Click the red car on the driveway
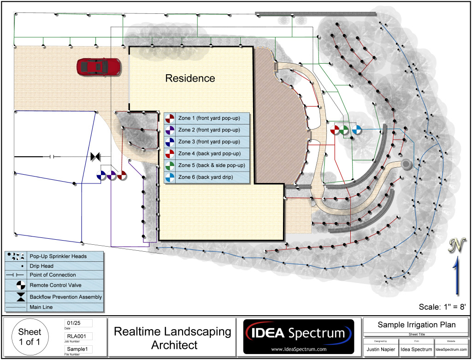(x=99, y=67)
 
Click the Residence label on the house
(x=190, y=78)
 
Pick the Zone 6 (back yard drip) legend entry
(x=206, y=177)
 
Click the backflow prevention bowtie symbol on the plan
(x=96, y=157)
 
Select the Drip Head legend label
(x=41, y=266)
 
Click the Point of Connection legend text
(x=53, y=275)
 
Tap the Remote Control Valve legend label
(x=55, y=285)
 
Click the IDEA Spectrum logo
(x=299, y=336)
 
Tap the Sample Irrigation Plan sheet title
(x=416, y=325)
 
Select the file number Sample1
(x=76, y=349)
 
